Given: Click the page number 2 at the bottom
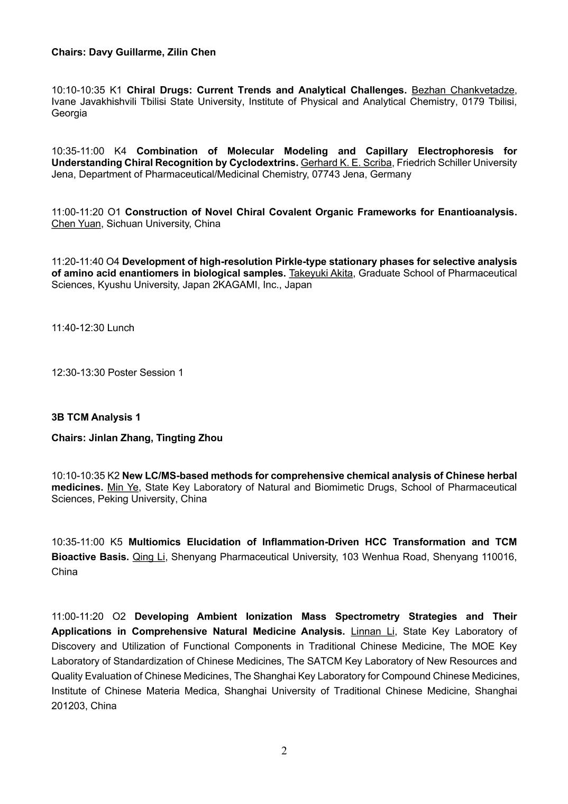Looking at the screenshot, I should coord(284,751).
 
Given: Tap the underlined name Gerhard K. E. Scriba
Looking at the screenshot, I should coord(346,162).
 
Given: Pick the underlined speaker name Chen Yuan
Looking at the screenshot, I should coord(76,224).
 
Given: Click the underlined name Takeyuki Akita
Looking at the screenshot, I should coord(320,273).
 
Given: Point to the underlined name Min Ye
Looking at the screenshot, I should coord(122,487).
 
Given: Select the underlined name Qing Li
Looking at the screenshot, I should coord(149,557).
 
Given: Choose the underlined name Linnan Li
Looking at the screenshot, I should coord(372,632).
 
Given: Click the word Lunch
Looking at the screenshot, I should coord(121,328).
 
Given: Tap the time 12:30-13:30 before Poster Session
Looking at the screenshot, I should coord(78,373).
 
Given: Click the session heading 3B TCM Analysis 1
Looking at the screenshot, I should coord(96,417).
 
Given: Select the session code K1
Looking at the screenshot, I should coord(115,90).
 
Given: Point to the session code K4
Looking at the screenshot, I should coord(121,151).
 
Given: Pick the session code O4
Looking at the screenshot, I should coord(113,262).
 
